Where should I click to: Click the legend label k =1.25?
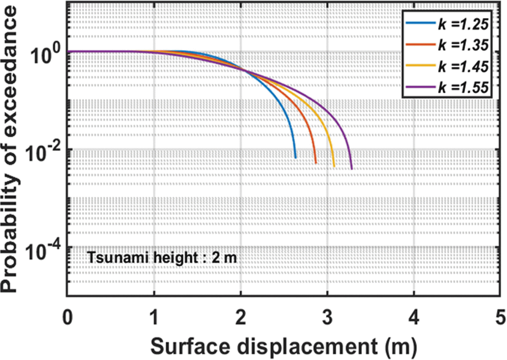pyautogui.click(x=463, y=24)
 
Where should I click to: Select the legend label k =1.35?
pyautogui.click(x=463, y=45)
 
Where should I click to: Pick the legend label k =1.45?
pyautogui.click(x=463, y=66)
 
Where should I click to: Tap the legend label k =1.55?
pyautogui.click(x=463, y=87)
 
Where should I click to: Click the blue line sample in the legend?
pyautogui.click(x=420, y=23)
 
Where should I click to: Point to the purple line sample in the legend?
pyautogui.click(x=420, y=87)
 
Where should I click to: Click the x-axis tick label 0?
pyautogui.click(x=68, y=317)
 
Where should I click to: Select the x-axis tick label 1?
pyautogui.click(x=154, y=317)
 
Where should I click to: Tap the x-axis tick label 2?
pyautogui.click(x=241, y=317)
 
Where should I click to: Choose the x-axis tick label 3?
pyautogui.click(x=327, y=317)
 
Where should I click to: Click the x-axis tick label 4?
pyautogui.click(x=414, y=317)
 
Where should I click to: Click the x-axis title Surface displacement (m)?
pyautogui.click(x=283, y=347)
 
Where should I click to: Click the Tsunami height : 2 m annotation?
pyautogui.click(x=162, y=258)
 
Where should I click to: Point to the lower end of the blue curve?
pyautogui.click(x=295, y=158)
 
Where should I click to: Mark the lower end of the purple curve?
pyautogui.click(x=352, y=168)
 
